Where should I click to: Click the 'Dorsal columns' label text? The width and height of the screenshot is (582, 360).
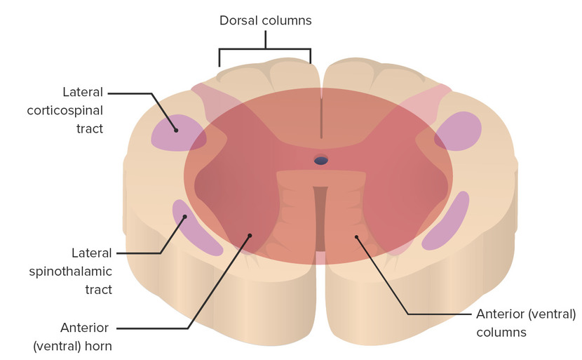point(265,20)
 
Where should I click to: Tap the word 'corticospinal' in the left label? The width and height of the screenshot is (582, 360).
point(65,110)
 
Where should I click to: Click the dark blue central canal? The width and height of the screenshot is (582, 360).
point(321,161)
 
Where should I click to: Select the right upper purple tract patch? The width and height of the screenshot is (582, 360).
point(459,131)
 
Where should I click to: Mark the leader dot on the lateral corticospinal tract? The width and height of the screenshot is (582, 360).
point(176,130)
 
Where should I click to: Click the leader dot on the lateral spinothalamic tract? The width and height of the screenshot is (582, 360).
point(185,217)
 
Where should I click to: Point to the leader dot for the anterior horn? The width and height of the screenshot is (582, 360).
point(250,236)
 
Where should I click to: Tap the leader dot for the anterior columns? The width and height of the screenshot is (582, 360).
point(356,236)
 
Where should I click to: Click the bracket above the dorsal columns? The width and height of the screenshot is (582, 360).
point(265,50)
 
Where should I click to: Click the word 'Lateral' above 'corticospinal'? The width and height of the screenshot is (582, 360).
point(83,92)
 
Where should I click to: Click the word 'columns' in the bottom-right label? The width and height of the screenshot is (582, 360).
point(501,332)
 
